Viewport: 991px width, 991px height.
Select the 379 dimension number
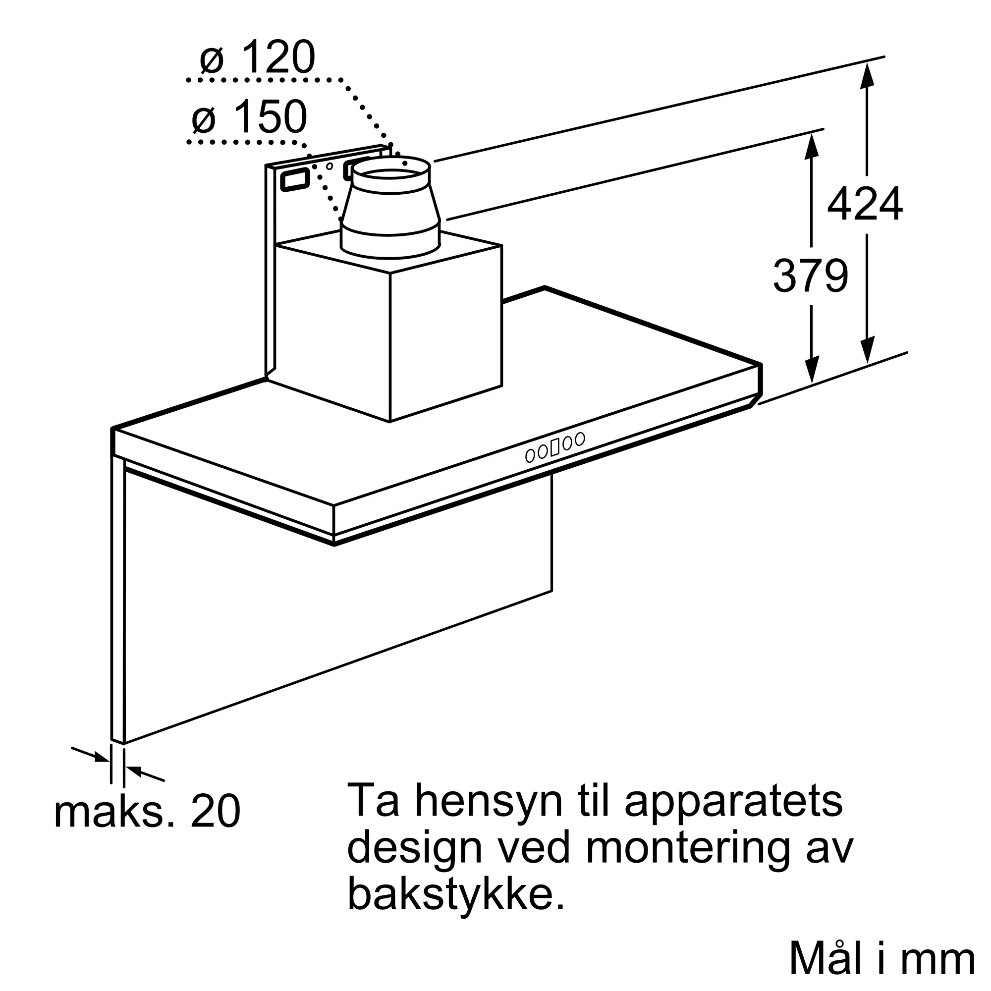[x=811, y=276]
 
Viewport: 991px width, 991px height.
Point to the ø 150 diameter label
[x=250, y=117]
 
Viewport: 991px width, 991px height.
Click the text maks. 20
[x=147, y=812]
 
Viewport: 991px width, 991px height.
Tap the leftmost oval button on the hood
[x=530, y=455]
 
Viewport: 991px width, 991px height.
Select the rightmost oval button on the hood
[x=580, y=439]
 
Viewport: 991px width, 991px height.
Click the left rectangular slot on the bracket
[x=294, y=179]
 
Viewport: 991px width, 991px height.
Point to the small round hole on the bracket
[x=330, y=165]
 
